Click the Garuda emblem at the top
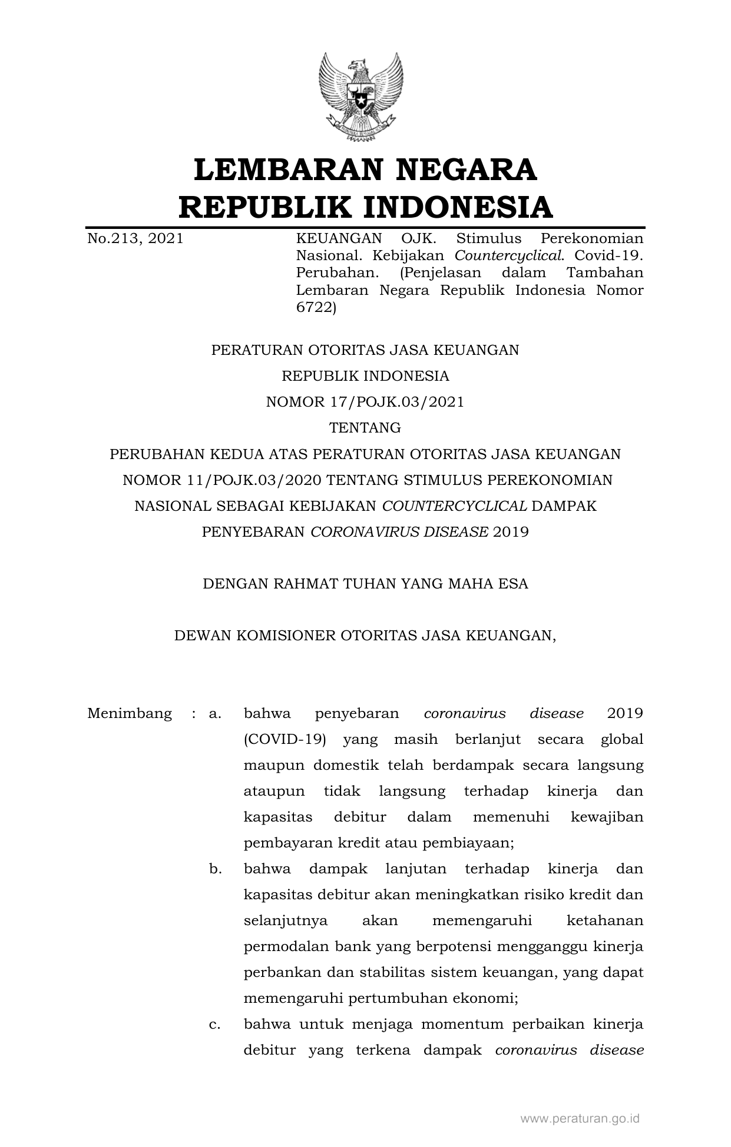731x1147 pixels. click(360, 98)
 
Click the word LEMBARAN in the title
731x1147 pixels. click(284, 169)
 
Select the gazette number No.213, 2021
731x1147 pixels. click(135, 238)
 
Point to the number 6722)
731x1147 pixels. click(316, 308)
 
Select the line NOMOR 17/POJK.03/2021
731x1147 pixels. click(365, 402)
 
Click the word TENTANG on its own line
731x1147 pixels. click(365, 428)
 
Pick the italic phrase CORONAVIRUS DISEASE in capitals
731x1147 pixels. click(399, 532)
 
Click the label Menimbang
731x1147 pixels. click(130, 714)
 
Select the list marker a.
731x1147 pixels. click(215, 714)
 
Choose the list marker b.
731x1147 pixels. click(215, 869)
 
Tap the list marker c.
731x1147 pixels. click(215, 1025)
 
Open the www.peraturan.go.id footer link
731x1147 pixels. click(580, 1119)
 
